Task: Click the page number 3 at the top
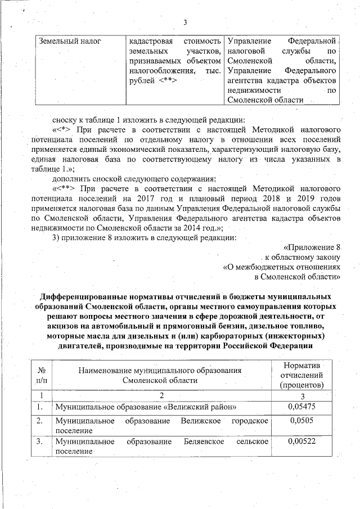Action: [x=184, y=23]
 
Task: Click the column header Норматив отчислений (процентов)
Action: [x=301, y=375]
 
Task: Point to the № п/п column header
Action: [x=40, y=375]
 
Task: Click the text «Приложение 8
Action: [x=313, y=247]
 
